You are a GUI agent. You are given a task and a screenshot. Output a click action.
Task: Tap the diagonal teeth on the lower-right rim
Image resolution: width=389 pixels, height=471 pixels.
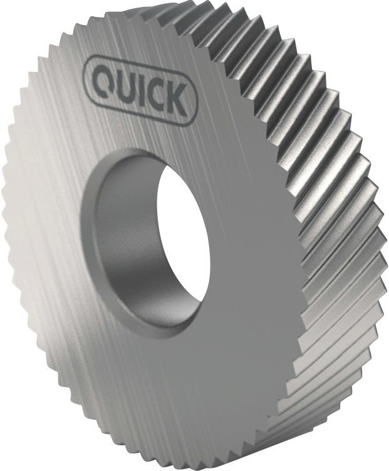[326, 351]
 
